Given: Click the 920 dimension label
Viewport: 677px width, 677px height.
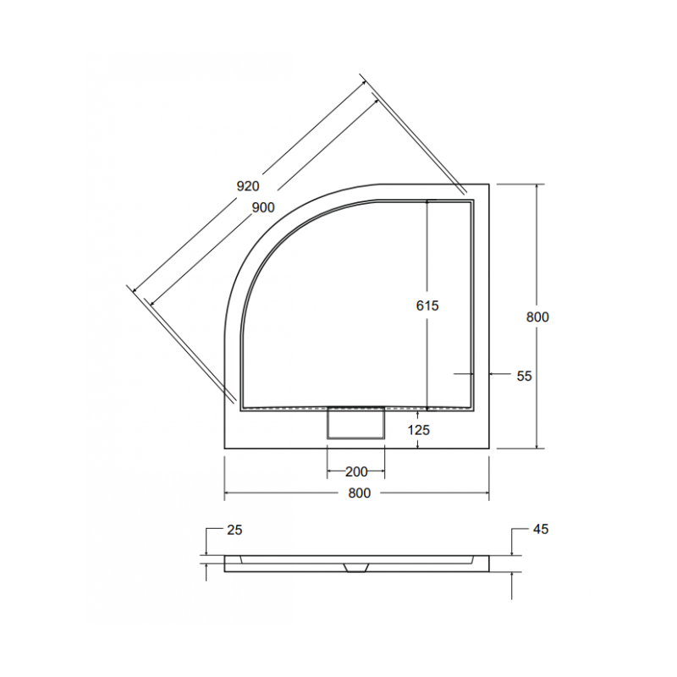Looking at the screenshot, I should tap(247, 185).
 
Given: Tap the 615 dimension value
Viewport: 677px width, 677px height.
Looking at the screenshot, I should tap(427, 306).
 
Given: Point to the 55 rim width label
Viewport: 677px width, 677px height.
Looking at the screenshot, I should tap(524, 376).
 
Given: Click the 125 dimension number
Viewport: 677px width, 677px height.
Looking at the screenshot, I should tap(419, 430).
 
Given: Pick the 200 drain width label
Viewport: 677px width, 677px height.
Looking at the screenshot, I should tap(355, 471).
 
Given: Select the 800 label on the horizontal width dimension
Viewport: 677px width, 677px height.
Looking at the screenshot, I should tap(359, 494).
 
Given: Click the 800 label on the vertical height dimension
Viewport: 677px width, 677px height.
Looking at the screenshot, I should tap(537, 317).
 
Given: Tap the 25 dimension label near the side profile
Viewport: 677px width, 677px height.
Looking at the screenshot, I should tap(234, 530).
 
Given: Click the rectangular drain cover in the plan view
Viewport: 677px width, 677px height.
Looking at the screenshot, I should tap(355, 422).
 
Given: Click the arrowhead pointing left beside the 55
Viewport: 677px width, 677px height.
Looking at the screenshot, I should tap(494, 373).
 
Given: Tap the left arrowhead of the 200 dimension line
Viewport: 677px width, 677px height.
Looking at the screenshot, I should tap(330, 471).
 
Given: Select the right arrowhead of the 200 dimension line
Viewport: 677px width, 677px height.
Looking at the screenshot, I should tap(382, 471).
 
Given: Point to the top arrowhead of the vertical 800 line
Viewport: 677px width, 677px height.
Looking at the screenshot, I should tap(537, 186).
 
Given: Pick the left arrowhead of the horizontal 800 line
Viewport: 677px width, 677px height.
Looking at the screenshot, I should tap(228, 494).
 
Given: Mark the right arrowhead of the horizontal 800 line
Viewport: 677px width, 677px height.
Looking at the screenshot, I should tap(486, 494).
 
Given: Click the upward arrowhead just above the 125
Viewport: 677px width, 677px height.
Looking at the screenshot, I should tap(419, 413).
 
